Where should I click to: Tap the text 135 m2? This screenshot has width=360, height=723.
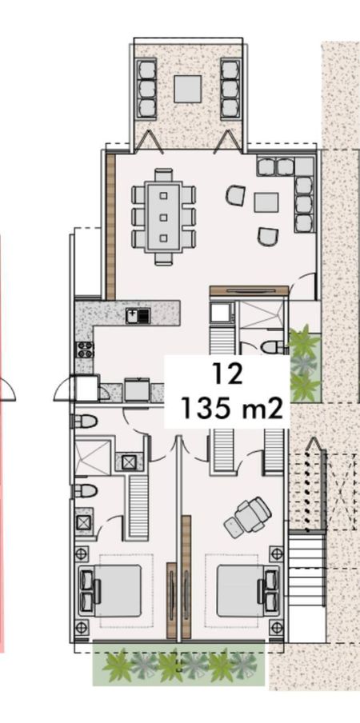coord(231,408)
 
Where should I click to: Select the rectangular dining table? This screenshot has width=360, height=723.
coord(164,217)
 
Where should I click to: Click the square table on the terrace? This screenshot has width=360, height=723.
coord(188,89)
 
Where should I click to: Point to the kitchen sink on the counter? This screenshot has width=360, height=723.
coord(138,316)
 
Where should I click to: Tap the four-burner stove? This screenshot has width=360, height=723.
coord(86,350)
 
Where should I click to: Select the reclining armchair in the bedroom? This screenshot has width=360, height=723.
coord(247,517)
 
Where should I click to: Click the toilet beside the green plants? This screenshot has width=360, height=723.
coord(274,347)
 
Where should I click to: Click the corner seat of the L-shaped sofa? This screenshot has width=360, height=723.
coord(305,166)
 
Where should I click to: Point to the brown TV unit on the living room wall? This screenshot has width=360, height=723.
coord(249,291)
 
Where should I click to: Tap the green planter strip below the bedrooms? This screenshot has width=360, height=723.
coord(179,664)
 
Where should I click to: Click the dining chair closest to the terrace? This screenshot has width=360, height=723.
coord(164,175)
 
